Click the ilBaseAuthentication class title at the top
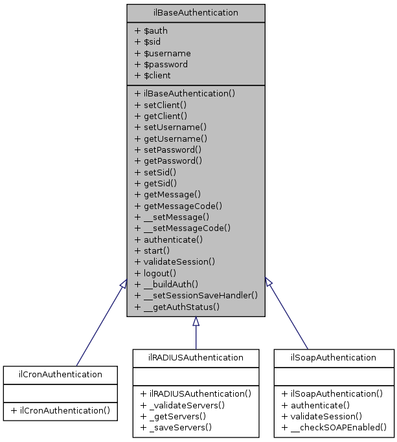coord(196,12)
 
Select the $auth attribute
coord(152,31)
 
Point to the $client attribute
coord(152,75)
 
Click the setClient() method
coord(160,104)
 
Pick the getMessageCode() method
coord(178,206)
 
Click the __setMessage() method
coord(172,217)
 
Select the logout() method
coord(153,272)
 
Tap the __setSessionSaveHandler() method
coord(196,295)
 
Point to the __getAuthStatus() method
coord(177,306)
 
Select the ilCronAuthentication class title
coord(60,374)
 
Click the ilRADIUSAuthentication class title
coord(196,357)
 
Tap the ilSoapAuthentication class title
coord(334,357)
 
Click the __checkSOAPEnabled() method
coord(334,427)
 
